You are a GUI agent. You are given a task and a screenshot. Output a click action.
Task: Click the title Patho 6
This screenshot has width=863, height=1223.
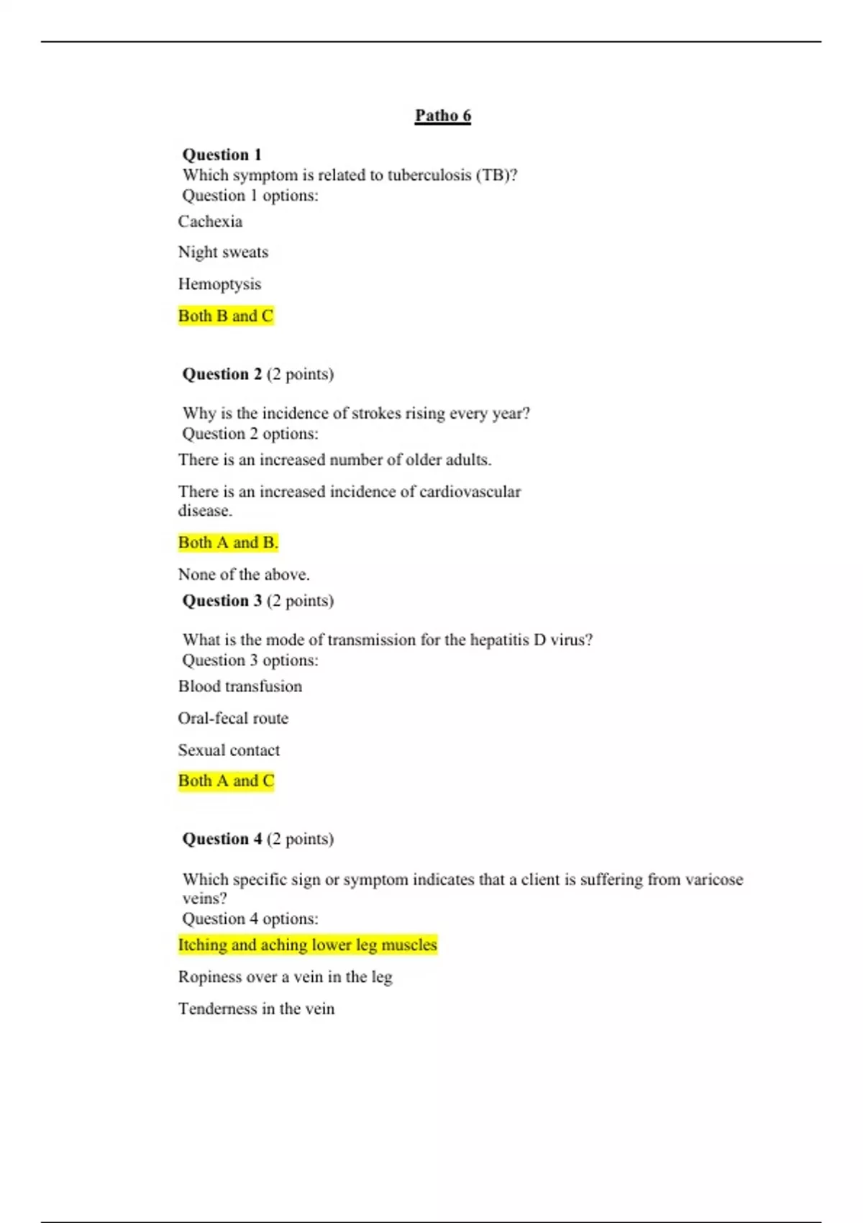pyautogui.click(x=442, y=116)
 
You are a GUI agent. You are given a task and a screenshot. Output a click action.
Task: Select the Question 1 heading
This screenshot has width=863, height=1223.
pyautogui.click(x=222, y=155)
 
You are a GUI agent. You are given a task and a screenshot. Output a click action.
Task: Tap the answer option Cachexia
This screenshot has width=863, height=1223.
pyautogui.click(x=210, y=222)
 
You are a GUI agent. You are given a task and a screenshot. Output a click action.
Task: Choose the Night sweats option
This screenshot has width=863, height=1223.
pyautogui.click(x=223, y=253)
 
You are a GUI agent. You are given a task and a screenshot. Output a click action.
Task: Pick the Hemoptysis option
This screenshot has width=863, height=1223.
pyautogui.click(x=219, y=284)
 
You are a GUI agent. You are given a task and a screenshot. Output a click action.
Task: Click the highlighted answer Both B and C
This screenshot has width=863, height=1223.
pyautogui.click(x=226, y=316)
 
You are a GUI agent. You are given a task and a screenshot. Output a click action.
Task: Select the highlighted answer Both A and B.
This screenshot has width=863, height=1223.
pyautogui.click(x=227, y=542)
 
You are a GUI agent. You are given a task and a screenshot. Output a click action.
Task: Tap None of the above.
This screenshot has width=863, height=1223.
pyautogui.click(x=244, y=574)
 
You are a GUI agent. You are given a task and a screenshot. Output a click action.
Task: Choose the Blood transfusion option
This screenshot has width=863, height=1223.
pyautogui.click(x=240, y=686)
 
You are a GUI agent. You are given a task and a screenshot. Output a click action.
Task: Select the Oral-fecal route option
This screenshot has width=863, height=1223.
pyautogui.click(x=233, y=718)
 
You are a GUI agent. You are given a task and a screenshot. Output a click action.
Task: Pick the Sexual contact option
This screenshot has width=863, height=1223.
pyautogui.click(x=229, y=750)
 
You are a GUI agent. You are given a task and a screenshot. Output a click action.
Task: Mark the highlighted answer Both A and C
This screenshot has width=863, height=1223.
pyautogui.click(x=226, y=781)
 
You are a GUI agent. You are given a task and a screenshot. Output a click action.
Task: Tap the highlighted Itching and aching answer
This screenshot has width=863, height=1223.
pyautogui.click(x=307, y=945)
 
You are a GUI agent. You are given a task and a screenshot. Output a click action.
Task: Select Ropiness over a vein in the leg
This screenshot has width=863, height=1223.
pyautogui.click(x=285, y=977)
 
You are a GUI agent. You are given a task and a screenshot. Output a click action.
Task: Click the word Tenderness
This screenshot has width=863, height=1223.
pyautogui.click(x=217, y=1009)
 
